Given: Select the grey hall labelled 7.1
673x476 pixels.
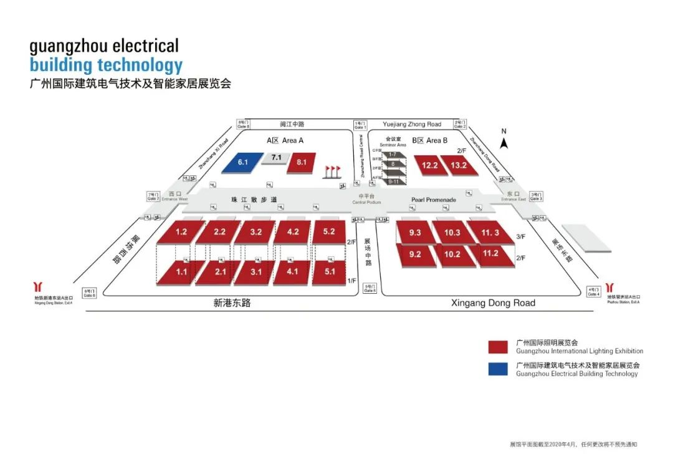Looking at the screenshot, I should tap(276, 158).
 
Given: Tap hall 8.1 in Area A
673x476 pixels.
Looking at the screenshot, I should tap(302, 162).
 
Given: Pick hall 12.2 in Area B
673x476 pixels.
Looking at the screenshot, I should tap(430, 165).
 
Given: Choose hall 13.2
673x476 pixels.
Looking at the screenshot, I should tap(459, 165).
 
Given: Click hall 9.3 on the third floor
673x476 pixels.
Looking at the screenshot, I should tap(415, 233).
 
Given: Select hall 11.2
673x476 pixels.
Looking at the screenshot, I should tap(490, 253).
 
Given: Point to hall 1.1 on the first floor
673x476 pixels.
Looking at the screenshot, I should tap(181, 272).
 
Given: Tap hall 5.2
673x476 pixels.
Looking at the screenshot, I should tap(329, 231).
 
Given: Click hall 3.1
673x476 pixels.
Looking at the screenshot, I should tap(256, 272).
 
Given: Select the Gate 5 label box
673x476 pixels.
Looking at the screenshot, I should tap(370, 288).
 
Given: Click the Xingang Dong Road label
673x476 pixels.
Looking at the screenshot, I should tap(492, 303).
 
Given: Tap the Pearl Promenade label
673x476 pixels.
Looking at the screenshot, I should tap(434, 200).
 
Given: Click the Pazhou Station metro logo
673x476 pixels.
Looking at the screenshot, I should tap(609, 288).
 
